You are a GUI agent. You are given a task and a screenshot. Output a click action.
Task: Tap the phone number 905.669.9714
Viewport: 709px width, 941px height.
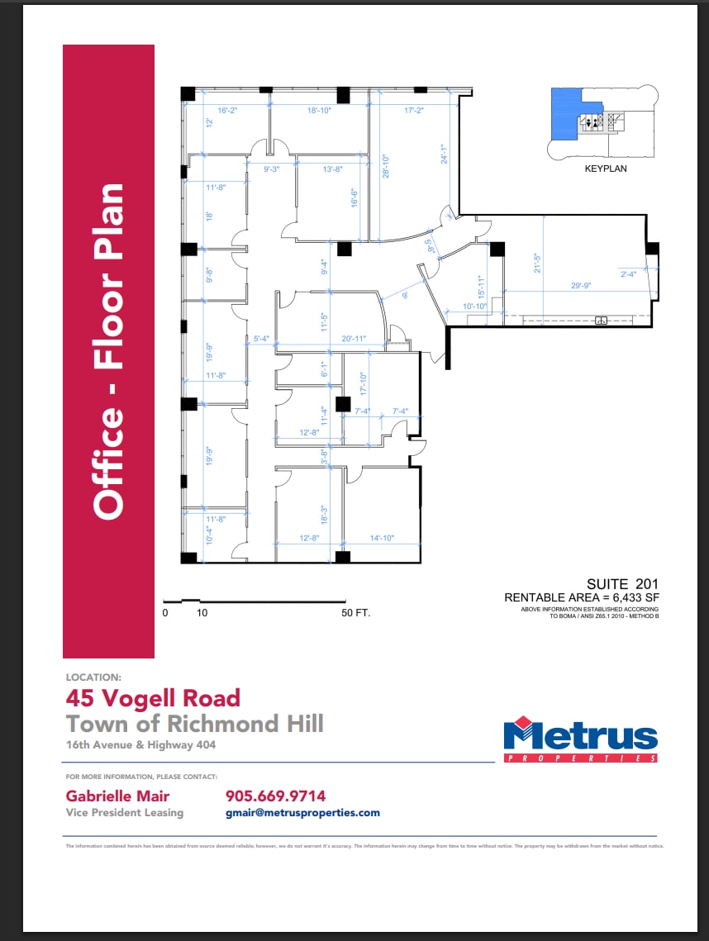(275, 796)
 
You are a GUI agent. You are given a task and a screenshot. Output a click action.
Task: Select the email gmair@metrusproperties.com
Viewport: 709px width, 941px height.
(302, 813)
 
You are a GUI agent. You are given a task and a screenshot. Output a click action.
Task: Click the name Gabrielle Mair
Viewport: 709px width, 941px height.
(117, 796)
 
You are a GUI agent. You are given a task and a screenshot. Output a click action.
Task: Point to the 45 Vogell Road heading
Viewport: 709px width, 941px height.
(153, 698)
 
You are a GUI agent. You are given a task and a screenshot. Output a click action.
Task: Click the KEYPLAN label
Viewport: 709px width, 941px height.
(606, 169)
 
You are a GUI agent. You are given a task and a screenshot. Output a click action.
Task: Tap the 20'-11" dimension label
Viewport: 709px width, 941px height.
(353, 337)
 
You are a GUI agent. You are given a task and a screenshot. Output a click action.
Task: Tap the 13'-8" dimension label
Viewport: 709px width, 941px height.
(333, 169)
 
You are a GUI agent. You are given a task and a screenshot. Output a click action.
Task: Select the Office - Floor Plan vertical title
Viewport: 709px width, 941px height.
(108, 351)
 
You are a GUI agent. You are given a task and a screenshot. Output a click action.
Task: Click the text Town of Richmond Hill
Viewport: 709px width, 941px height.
(195, 725)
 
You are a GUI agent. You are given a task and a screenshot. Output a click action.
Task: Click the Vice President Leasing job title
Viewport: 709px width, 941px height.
(124, 813)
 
